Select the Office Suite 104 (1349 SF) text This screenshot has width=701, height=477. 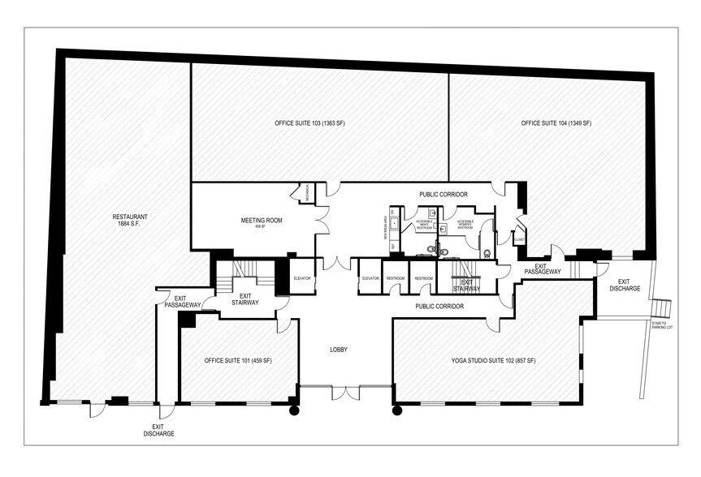point(556,123)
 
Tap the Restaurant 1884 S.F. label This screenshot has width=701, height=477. point(130,221)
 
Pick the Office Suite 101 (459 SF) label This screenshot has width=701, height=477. point(238,359)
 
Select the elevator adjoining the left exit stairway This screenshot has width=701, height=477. point(302,279)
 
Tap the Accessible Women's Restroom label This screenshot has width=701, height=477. point(465,225)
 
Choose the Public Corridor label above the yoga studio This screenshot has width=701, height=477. point(439,307)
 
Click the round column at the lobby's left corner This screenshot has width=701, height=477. point(294,410)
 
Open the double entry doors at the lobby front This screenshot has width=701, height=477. point(346,393)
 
